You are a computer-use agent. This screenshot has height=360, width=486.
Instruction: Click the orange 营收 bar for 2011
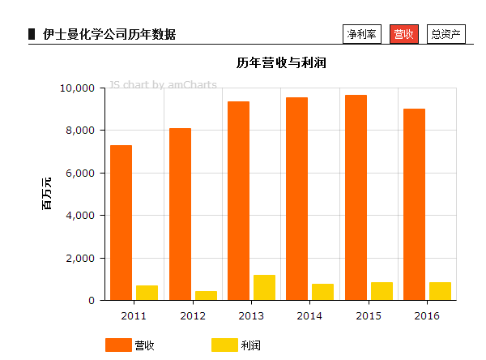[121, 223]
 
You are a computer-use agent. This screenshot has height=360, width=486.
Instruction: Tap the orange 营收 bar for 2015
[356, 198]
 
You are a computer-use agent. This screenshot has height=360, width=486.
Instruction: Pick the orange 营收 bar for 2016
[414, 204]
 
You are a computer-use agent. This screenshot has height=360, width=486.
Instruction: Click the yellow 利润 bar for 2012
[206, 296]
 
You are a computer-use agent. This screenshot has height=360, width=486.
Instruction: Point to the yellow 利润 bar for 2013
[264, 288]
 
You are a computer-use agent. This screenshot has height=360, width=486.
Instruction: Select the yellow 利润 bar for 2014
[322, 292]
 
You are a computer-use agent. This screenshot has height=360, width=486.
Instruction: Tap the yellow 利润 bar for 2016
[440, 291]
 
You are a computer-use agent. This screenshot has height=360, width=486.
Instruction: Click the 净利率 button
[361, 34]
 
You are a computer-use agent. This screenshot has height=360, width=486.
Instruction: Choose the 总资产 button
[446, 34]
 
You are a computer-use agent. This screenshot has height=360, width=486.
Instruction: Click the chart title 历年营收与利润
[281, 62]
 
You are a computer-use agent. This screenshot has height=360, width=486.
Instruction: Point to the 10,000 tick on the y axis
[78, 88]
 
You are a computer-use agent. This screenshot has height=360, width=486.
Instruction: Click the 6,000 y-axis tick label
[81, 173]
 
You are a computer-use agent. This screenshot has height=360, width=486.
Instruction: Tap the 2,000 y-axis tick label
[81, 258]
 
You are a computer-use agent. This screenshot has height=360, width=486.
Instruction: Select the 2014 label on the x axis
[309, 315]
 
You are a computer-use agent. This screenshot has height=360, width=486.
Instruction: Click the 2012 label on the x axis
[193, 315]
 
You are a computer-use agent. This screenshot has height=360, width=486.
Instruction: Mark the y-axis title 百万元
[46, 193]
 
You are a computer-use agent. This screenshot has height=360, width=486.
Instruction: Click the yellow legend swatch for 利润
[224, 345]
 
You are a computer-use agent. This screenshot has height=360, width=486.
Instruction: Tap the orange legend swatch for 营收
[117, 345]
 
